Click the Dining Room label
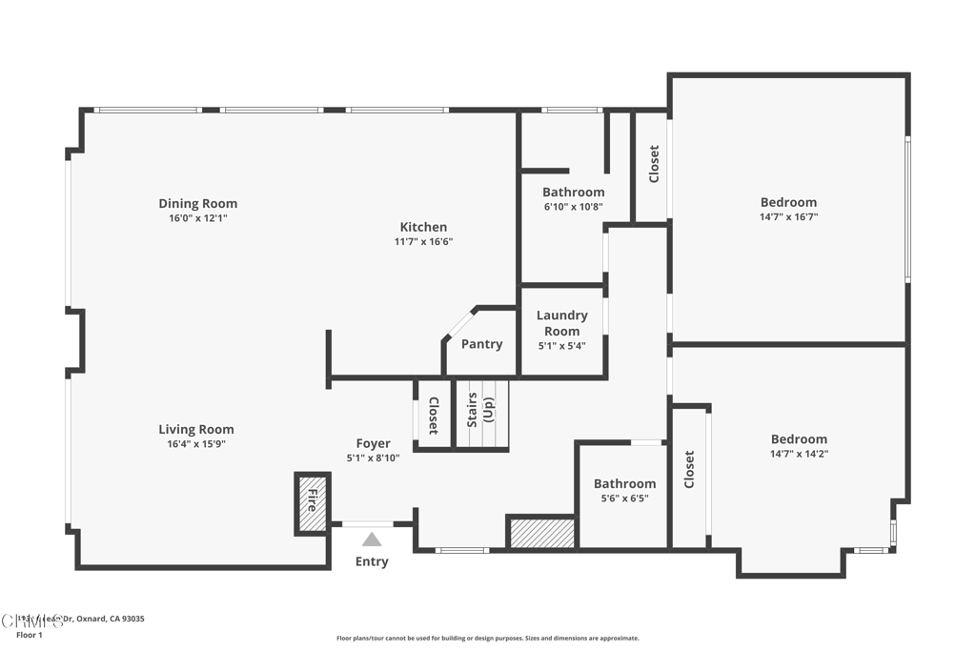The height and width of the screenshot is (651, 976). coord(197,203)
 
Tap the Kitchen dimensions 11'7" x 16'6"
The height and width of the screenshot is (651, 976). coord(423,242)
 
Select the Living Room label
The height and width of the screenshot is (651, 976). coord(195,430)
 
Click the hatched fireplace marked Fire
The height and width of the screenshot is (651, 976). coord(312,502)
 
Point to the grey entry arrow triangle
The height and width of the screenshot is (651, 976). coord(372,539)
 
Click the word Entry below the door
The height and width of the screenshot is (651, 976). coord(372,561)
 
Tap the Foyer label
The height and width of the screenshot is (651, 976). coord(373,443)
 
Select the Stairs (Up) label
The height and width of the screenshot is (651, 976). coord(480,408)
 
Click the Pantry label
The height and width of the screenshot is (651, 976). coord(481,344)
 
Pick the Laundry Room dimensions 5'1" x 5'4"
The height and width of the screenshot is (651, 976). coord(561,346)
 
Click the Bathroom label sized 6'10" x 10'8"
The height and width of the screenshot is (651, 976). coord(573,192)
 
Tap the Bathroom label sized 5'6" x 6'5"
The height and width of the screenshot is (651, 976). coord(624,483)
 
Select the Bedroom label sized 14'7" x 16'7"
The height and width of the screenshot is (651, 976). coord(788,202)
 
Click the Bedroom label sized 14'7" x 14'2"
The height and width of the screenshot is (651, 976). coord(799,439)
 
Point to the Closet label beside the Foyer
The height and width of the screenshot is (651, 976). coord(433,416)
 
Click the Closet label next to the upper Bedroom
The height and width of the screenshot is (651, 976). coord(654,164)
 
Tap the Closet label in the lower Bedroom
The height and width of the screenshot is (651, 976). coord(689,470)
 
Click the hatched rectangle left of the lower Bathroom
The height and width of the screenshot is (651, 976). coord(541,533)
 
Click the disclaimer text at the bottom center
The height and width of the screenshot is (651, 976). coord(487,639)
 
